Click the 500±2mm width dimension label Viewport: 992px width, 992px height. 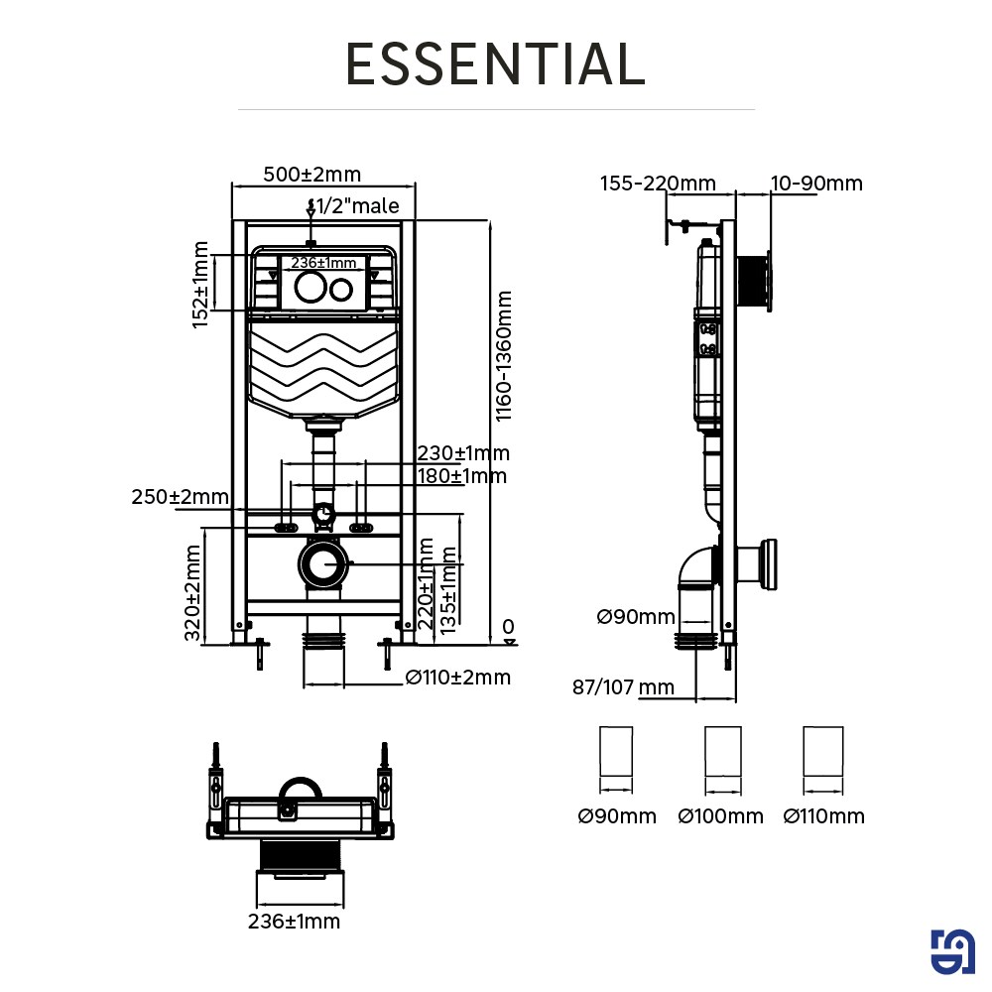click(311, 175)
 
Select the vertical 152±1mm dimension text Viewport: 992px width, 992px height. click(202, 284)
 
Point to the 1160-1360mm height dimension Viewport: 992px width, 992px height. click(504, 355)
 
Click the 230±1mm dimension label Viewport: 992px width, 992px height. click(462, 453)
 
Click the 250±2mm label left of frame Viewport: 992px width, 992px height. click(180, 497)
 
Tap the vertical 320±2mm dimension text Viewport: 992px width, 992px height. click(193, 591)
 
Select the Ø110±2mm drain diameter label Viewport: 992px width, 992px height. click(458, 678)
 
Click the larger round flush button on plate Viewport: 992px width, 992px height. click(308, 290)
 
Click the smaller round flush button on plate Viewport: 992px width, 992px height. click(341, 290)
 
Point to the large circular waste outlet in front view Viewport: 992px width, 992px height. click(320, 565)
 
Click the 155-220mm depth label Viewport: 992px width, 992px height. click(658, 184)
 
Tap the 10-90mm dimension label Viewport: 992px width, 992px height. click(816, 184)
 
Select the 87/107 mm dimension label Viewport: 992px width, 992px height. click(623, 686)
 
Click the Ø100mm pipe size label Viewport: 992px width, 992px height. click(721, 816)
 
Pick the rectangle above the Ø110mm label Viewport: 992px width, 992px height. click(822, 752)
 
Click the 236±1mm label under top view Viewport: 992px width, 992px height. click(294, 922)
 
